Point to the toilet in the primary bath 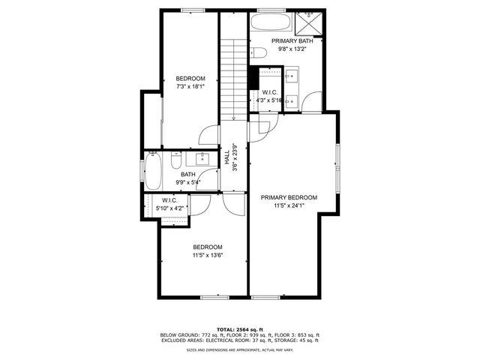pos(258,52)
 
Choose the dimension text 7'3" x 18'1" pos(190,87)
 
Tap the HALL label pos(227,158)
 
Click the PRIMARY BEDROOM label pos(289,198)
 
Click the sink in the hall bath pos(202,157)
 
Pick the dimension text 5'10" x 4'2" pos(169,208)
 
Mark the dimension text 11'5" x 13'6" pos(208,256)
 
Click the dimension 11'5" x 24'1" pos(289,206)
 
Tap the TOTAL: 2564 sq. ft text pos(240,329)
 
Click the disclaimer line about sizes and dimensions pos(240,349)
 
